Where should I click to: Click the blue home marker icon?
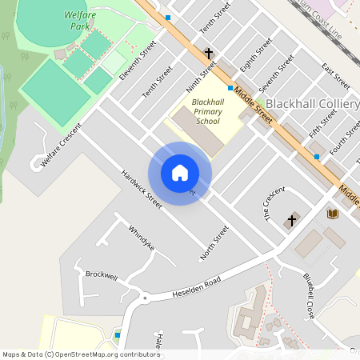pos(180,173)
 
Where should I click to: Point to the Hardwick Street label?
pos(142,189)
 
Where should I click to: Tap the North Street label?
pos(214,242)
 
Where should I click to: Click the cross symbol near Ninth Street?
pos(209,54)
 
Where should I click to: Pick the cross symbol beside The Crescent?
pos(292,219)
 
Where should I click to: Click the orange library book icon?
pos(332,214)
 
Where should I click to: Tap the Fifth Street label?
pos(322,124)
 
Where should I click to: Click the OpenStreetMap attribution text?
pos(81,354)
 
